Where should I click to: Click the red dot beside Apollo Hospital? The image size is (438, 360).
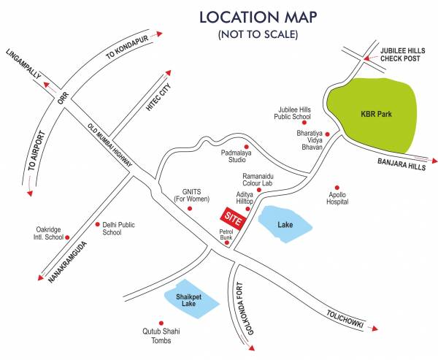tap(337, 186)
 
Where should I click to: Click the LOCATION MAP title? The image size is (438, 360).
tap(255, 17)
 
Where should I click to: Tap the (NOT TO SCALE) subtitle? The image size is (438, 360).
tap(255, 35)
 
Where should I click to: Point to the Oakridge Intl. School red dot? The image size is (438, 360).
tap(67, 237)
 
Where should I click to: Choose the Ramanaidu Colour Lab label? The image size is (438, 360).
tap(262, 180)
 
